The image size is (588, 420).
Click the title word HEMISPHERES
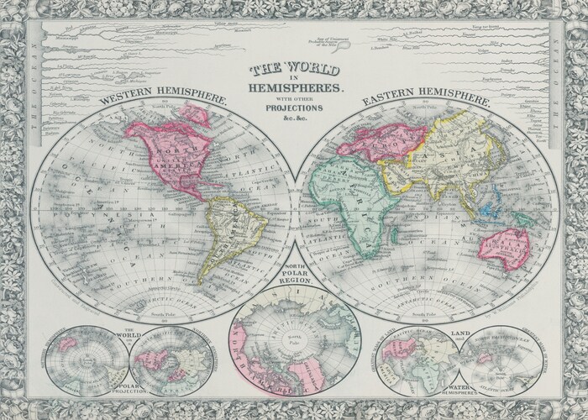point(293,87)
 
